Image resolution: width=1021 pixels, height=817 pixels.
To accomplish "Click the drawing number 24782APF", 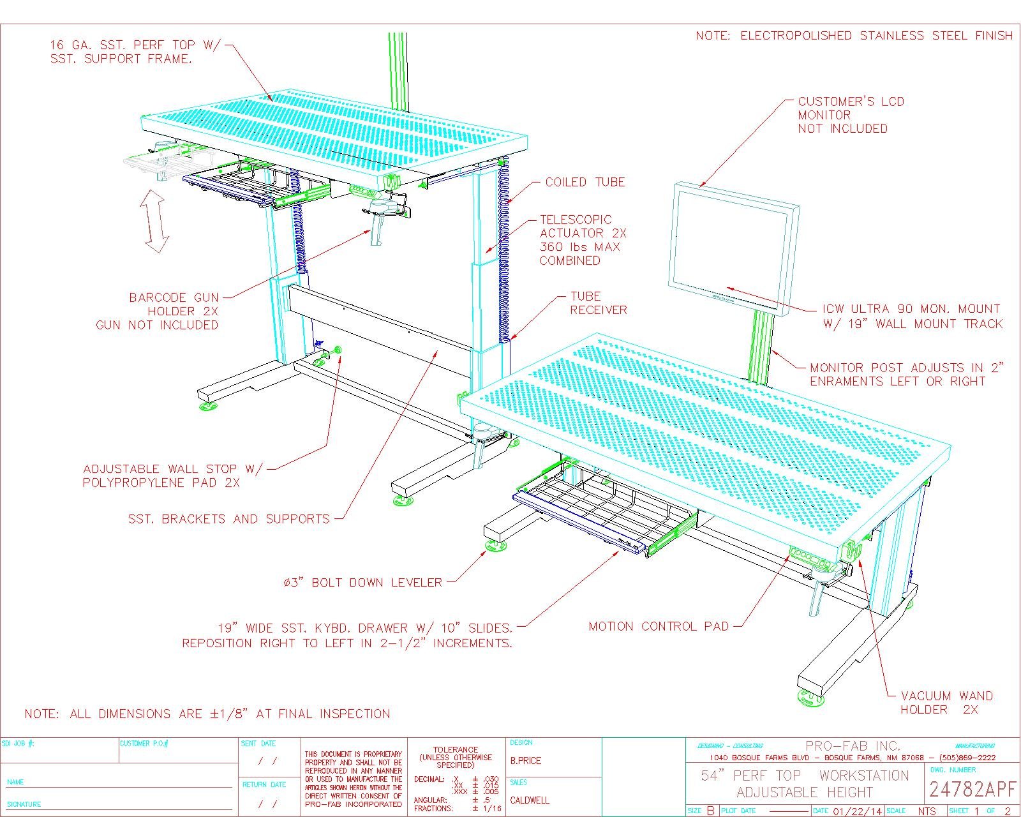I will point(971,790).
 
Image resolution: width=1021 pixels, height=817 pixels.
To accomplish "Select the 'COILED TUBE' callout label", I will point(585,183).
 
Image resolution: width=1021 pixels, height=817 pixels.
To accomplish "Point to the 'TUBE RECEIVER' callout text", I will point(598,303).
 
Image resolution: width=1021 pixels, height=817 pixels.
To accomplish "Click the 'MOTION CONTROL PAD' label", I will point(658,627).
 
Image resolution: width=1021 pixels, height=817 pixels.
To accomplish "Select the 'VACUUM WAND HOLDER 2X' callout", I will point(946,703).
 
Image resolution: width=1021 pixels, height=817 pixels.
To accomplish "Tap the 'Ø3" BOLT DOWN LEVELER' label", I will point(362,583).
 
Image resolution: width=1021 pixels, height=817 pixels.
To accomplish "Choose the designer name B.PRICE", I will point(525,761).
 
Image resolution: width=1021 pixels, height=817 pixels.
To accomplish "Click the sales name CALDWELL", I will point(529,800).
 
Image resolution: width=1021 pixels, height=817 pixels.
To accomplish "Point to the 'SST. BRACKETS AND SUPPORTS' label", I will point(229,519).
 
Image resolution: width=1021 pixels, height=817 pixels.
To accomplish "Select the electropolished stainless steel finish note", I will point(854,36).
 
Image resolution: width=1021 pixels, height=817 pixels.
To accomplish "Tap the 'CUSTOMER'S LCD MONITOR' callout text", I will point(851,115).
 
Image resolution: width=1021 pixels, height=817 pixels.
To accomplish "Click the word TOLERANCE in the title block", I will point(456,750).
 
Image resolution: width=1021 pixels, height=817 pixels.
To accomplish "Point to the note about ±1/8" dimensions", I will point(207,714).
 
